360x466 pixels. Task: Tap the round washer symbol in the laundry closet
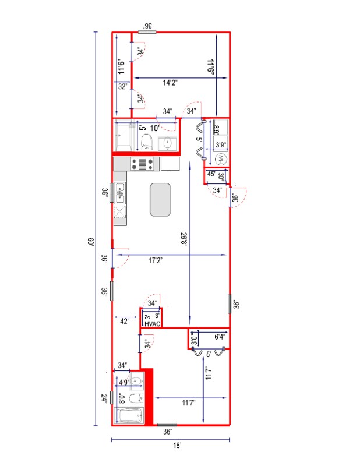(221, 159)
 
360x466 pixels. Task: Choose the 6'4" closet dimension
(220, 337)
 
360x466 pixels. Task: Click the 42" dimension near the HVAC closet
(124, 321)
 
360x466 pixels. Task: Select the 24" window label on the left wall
(104, 399)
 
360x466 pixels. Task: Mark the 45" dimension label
(212, 174)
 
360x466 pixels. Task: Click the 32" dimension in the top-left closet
(122, 86)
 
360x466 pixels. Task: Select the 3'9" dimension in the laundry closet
(221, 144)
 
